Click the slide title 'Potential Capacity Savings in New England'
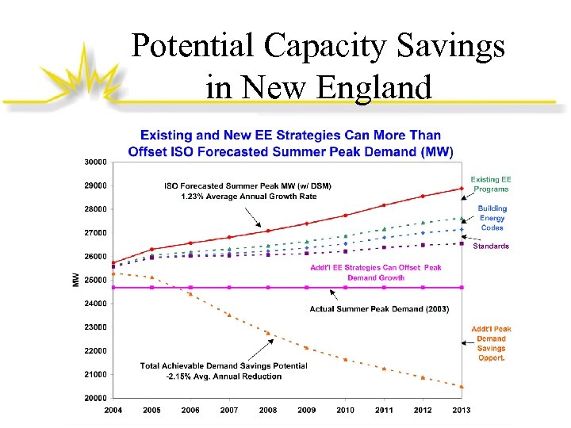[x=318, y=65]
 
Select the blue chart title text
[x=291, y=143]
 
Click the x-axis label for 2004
[x=113, y=410]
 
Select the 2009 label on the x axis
[x=307, y=410]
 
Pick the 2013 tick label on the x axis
[x=462, y=410]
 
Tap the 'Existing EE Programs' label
[x=491, y=185]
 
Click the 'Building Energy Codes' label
[x=492, y=218]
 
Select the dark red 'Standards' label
[x=491, y=246]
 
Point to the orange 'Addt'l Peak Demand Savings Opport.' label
[x=492, y=343]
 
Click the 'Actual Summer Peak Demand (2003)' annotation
[x=379, y=309]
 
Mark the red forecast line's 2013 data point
[x=462, y=189]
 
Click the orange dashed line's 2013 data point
[x=462, y=387]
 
